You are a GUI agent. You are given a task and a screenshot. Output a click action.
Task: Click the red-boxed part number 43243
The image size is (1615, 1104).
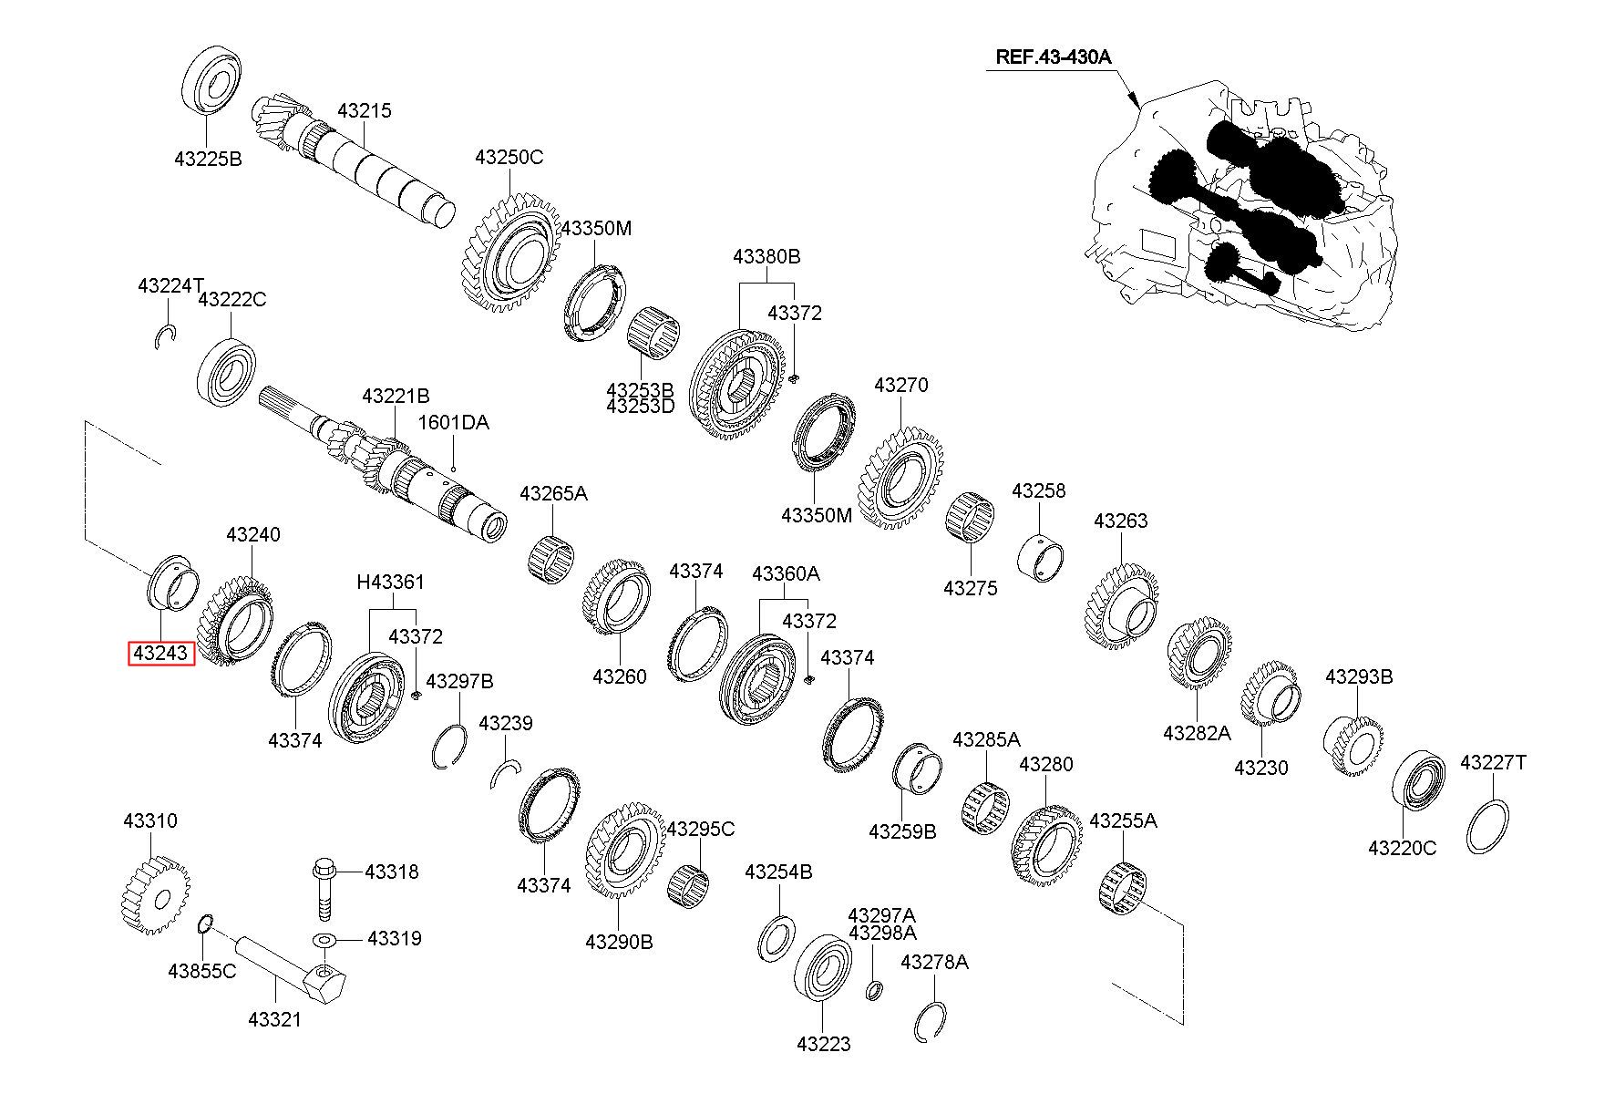click(x=160, y=653)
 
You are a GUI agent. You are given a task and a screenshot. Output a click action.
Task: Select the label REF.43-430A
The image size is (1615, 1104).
click(x=1053, y=57)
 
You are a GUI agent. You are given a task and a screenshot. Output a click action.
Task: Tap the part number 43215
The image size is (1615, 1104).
click(x=364, y=110)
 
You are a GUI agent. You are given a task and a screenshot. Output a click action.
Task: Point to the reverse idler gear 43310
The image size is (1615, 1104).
click(x=147, y=894)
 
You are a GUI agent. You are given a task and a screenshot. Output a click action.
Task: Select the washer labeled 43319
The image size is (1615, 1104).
click(x=324, y=940)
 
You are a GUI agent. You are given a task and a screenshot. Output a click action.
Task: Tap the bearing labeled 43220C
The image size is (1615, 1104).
click(x=1414, y=781)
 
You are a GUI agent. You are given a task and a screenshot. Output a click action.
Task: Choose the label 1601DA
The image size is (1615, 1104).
click(x=453, y=423)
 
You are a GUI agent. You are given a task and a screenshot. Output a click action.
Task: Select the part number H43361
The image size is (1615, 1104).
click(x=390, y=582)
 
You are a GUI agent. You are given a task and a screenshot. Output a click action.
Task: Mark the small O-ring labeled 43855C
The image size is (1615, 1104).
click(x=206, y=926)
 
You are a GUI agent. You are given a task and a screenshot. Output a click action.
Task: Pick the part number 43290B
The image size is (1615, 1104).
click(x=619, y=942)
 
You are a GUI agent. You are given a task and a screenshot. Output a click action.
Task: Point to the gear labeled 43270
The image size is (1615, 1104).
click(x=900, y=480)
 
